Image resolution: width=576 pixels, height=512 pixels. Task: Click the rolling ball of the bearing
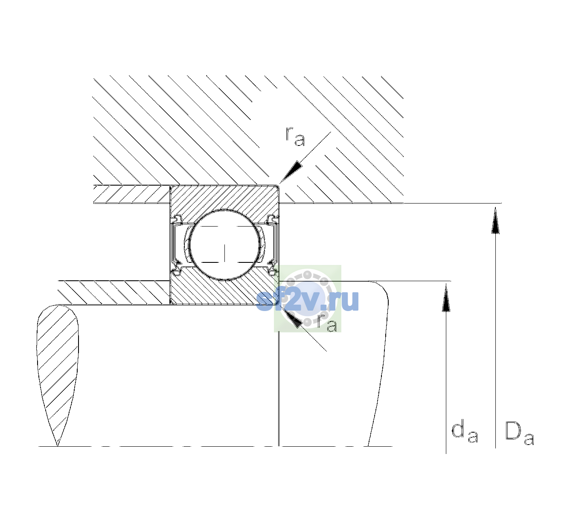coord(224,245)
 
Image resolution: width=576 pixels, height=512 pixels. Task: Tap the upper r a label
coord(295,137)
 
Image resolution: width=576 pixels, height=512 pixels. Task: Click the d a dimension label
coord(465,432)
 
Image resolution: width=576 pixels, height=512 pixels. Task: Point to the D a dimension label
coord(519,433)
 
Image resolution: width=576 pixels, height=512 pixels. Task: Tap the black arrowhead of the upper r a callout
coord(291,172)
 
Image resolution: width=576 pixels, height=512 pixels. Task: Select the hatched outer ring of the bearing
coord(224,197)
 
